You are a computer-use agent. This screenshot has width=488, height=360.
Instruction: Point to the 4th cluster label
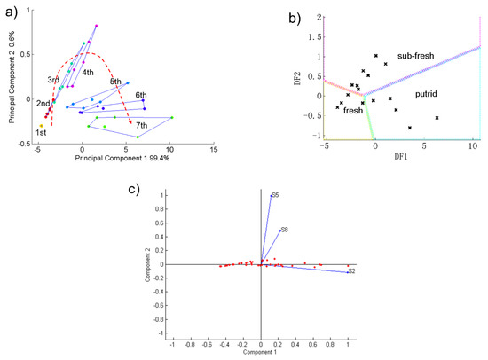pos(89,73)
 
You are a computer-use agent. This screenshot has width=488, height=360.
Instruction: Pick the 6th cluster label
pos(141,95)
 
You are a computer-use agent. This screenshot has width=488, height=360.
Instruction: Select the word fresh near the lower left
pos(353,111)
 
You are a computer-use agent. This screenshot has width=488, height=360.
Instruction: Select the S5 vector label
pos(275,194)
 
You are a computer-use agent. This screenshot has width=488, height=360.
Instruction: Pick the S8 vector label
pos(285,230)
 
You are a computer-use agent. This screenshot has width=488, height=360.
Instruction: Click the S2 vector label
pos(351,270)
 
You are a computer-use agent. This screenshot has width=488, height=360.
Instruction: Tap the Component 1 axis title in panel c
pos(262,353)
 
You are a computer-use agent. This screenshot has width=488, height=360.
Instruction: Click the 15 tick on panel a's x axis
pos(214,150)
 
